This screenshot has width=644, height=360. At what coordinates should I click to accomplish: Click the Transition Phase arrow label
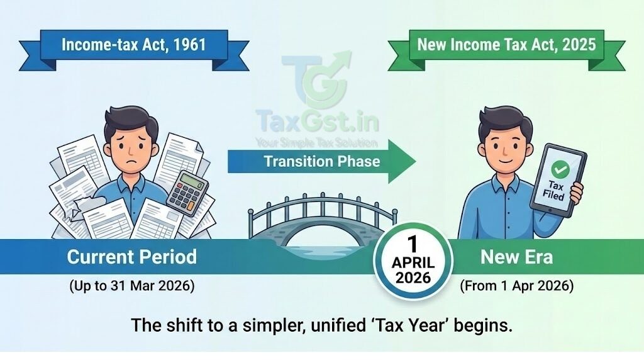[x=321, y=160]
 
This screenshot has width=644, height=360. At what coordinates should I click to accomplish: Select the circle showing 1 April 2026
[x=413, y=260]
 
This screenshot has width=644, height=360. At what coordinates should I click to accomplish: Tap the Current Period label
[x=131, y=257]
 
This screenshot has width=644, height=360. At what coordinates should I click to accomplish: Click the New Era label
[x=516, y=257]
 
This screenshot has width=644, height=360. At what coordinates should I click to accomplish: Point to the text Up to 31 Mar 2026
[x=131, y=286]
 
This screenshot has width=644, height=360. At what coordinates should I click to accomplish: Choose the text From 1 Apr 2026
[x=516, y=286]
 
